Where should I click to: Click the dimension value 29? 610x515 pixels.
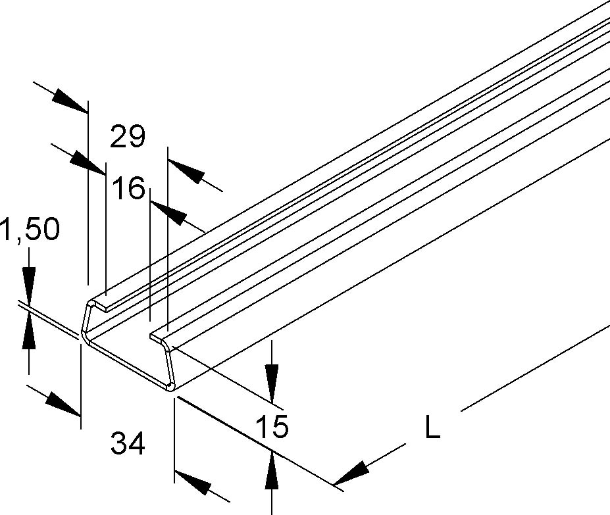coord(128,137)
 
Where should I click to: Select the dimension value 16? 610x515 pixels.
coord(128,189)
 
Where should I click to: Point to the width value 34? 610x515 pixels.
coord(128,444)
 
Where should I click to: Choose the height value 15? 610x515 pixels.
coord(272,427)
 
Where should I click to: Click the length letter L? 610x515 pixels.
coord(432,429)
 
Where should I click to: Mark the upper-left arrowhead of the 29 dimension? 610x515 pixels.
coord(68,99)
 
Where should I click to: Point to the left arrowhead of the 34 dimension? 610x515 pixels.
coord(63,403)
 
